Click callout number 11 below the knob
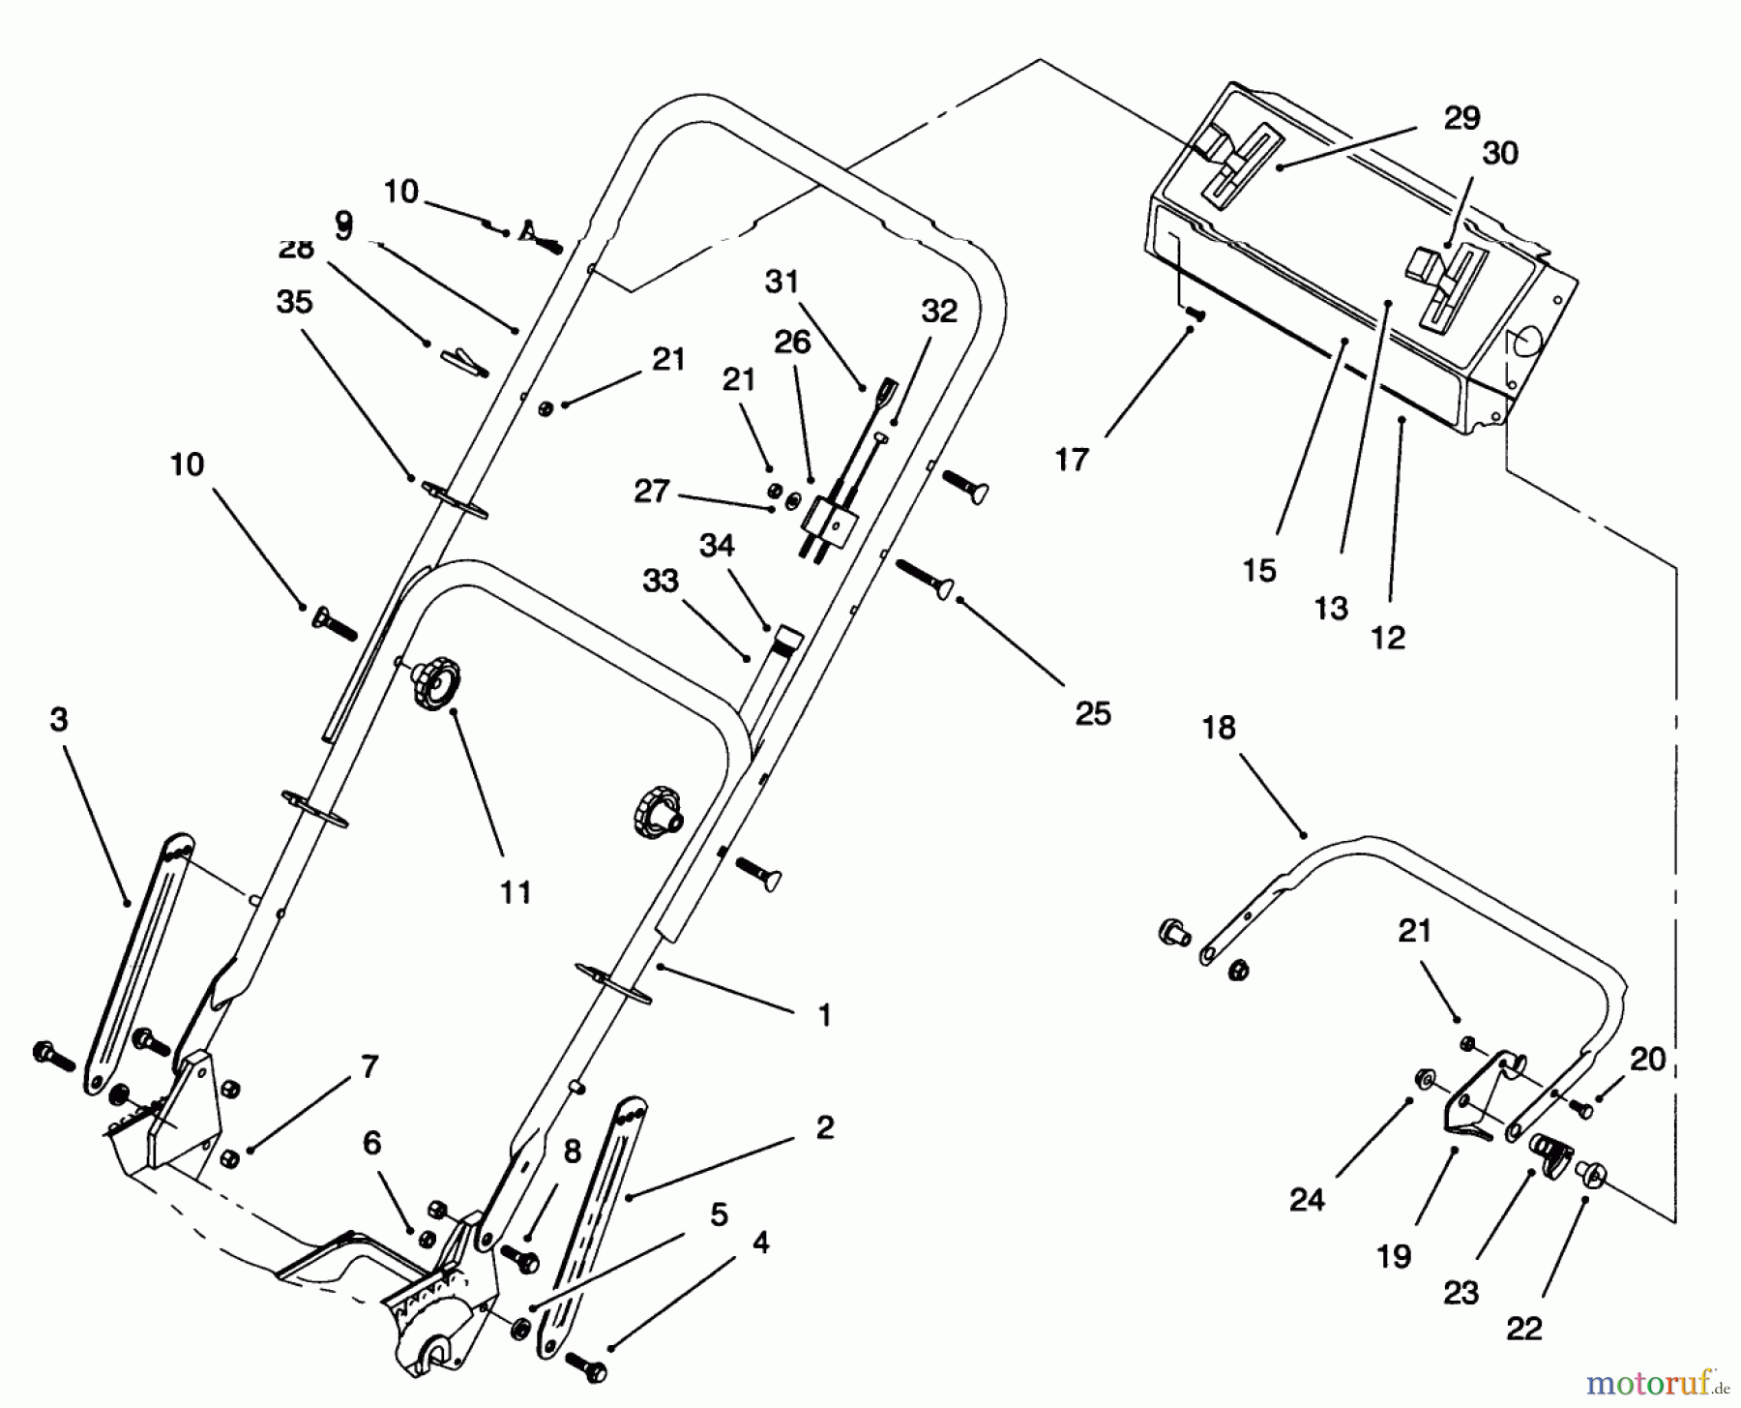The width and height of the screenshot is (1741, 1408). coord(516,891)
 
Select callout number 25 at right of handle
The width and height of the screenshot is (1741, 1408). coord(1093,714)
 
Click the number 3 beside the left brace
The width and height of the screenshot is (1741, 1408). coord(59,721)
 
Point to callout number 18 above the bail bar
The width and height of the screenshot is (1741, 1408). coord(1219,728)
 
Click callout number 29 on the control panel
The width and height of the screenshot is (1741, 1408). coord(1461,118)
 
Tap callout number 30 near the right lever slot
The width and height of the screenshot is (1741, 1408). coord(1500,153)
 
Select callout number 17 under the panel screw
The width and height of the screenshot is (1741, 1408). coord(1072,460)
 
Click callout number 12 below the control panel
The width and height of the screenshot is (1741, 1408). coord(1388,638)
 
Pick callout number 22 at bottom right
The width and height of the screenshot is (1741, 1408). coord(1523,1329)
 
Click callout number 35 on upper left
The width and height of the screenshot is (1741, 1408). coord(295,302)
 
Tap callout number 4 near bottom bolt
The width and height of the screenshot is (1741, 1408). coord(760,1243)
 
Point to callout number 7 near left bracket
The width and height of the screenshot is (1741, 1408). coord(369,1066)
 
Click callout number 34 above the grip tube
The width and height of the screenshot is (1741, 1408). coord(717,546)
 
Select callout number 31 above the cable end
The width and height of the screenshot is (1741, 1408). coord(782,282)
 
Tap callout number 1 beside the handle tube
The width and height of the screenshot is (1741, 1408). coord(824,1015)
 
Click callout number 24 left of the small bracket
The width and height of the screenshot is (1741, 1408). coord(1307,1200)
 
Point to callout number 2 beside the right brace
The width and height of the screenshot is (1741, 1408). coord(824,1127)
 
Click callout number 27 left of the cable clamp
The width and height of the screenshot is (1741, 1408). coord(651,491)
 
